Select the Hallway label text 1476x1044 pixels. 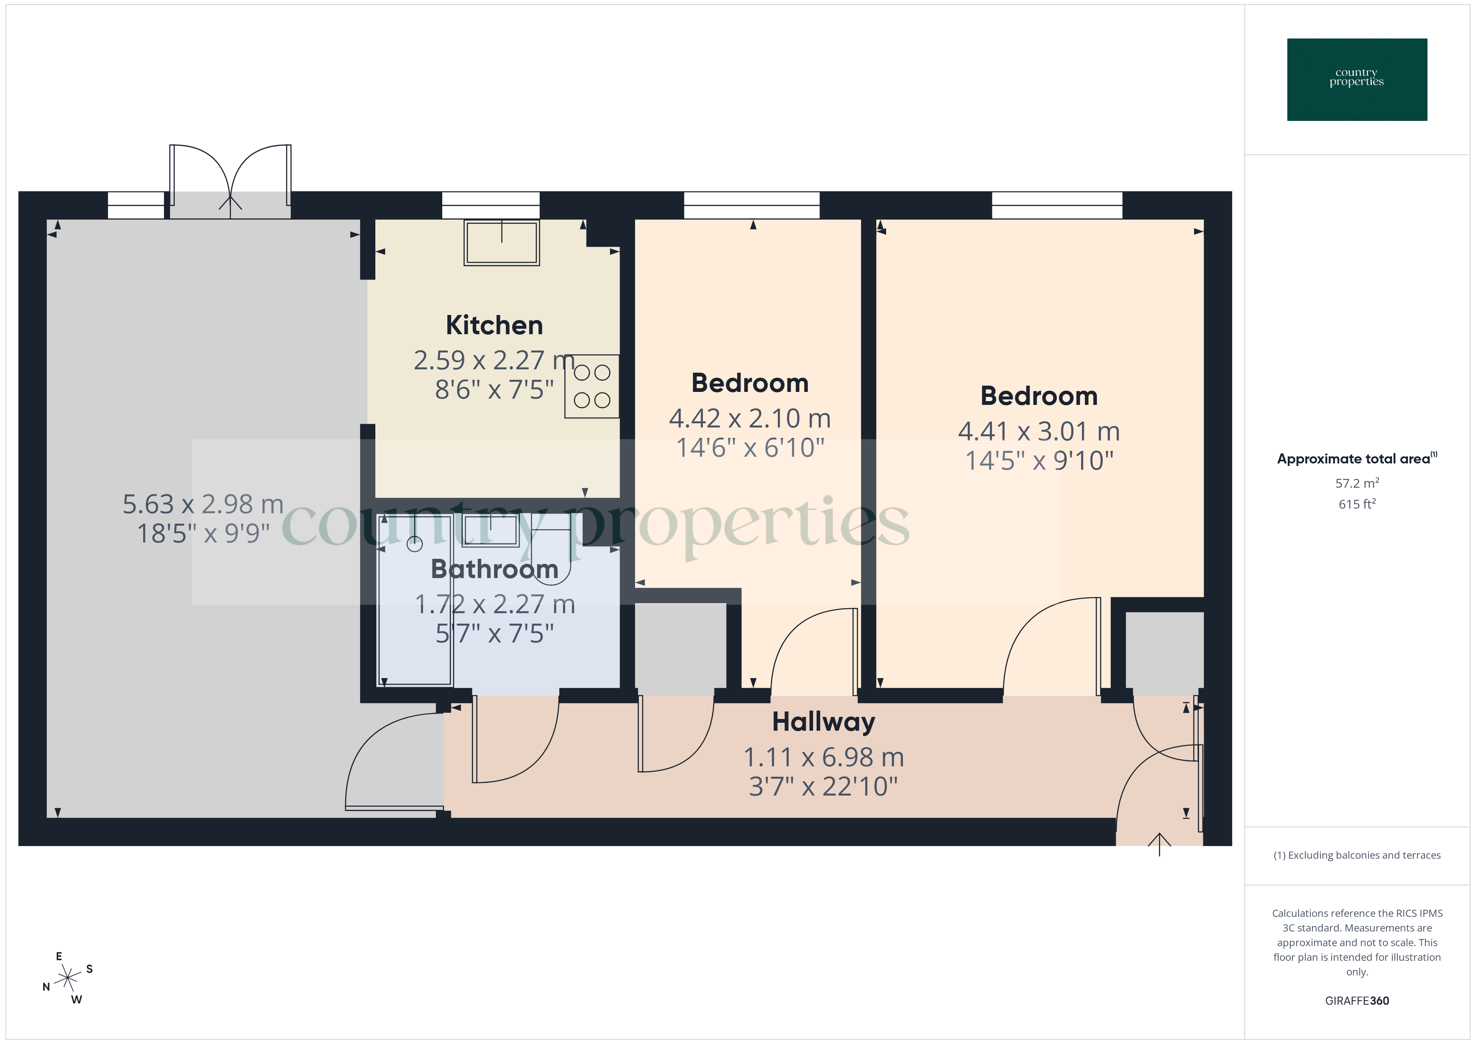click(x=823, y=722)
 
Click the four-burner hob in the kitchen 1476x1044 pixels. click(x=592, y=386)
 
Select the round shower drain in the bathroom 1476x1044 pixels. click(x=415, y=545)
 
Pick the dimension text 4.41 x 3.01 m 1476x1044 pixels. click(x=1039, y=431)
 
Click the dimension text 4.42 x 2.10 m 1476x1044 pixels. click(x=750, y=419)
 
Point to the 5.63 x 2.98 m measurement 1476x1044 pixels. click(x=203, y=504)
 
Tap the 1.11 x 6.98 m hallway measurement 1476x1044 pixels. click(x=823, y=757)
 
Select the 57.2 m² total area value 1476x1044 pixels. click(x=1356, y=483)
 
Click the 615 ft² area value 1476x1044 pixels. click(x=1356, y=504)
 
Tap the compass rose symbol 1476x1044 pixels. click(x=67, y=978)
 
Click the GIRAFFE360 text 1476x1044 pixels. click(x=1356, y=1000)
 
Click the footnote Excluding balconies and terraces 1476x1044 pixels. click(x=1356, y=855)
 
